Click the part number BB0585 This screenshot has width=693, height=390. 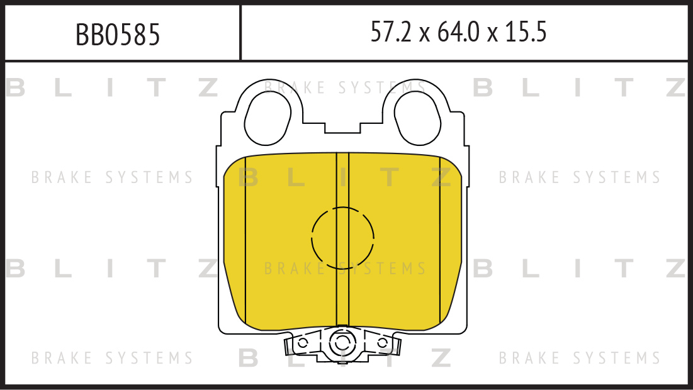coord(118,35)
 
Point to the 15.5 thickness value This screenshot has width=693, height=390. coord(526,32)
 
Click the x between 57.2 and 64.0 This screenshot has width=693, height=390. coord(425,35)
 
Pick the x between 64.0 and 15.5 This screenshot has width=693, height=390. coord(492,35)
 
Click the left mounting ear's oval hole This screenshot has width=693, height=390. coord(268,119)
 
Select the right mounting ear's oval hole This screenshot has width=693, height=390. coord(417,119)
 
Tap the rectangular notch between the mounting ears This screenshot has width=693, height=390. coord(342,128)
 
